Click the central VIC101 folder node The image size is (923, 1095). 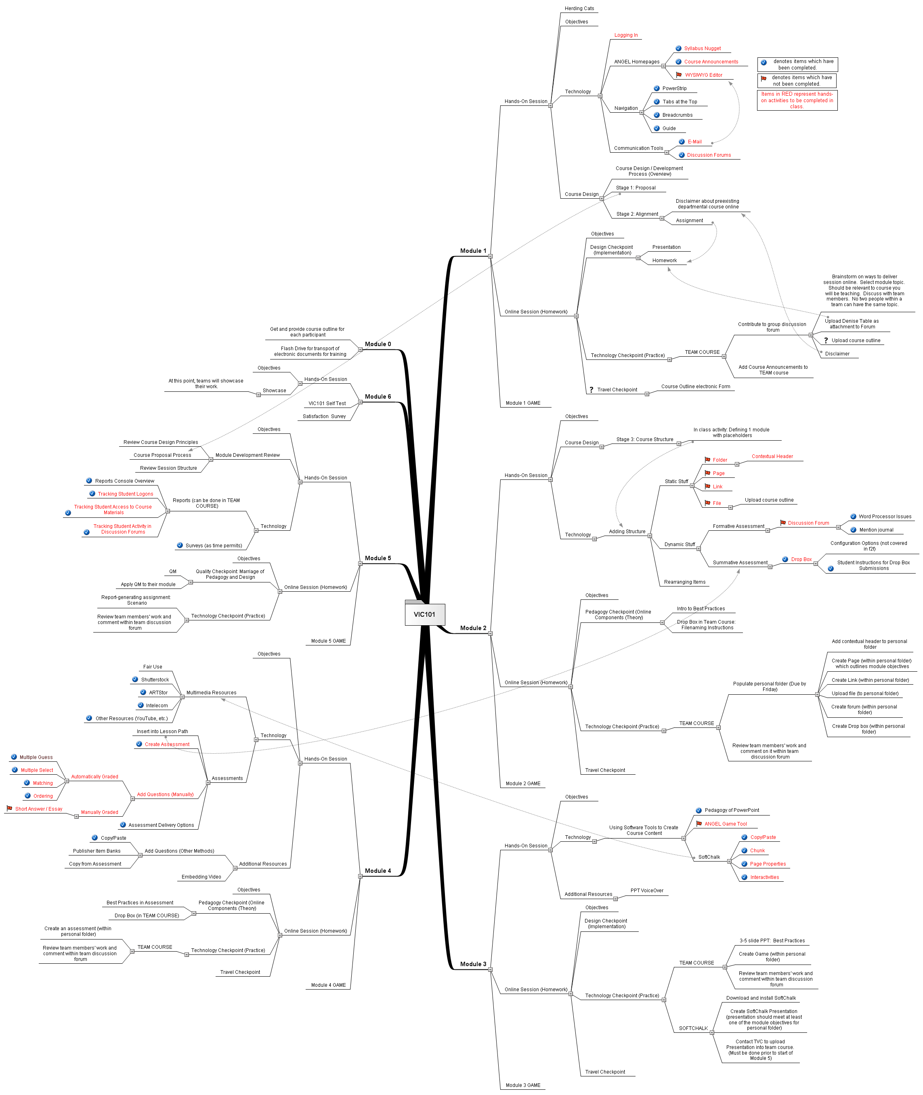pyautogui.click(x=424, y=614)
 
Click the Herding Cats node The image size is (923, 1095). pyautogui.click(x=579, y=8)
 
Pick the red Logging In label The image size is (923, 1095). pyautogui.click(x=626, y=35)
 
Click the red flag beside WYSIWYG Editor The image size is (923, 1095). pyautogui.click(x=679, y=75)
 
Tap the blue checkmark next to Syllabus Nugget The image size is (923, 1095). pyautogui.click(x=678, y=48)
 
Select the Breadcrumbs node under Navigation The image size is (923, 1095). pyautogui.click(x=677, y=115)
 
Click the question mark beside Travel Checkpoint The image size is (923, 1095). pyautogui.click(x=591, y=390)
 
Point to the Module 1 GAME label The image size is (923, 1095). pyautogui.click(x=523, y=403)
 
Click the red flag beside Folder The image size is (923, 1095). pyautogui.click(x=707, y=460)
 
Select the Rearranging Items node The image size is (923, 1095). pyautogui.click(x=684, y=582)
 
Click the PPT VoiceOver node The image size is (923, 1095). pyautogui.click(x=647, y=890)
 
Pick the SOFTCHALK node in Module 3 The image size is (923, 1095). pyautogui.click(x=693, y=1028)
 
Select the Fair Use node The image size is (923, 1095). pyautogui.click(x=153, y=667)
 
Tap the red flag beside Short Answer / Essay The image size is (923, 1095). pyautogui.click(x=9, y=809)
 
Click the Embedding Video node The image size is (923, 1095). pyautogui.click(x=201, y=877)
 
